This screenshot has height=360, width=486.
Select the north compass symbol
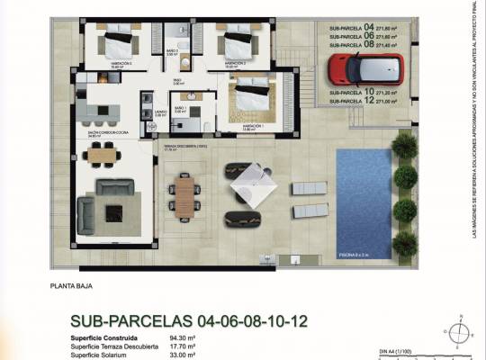[x=459, y=333]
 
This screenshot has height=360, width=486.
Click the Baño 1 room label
[x=179, y=109]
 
